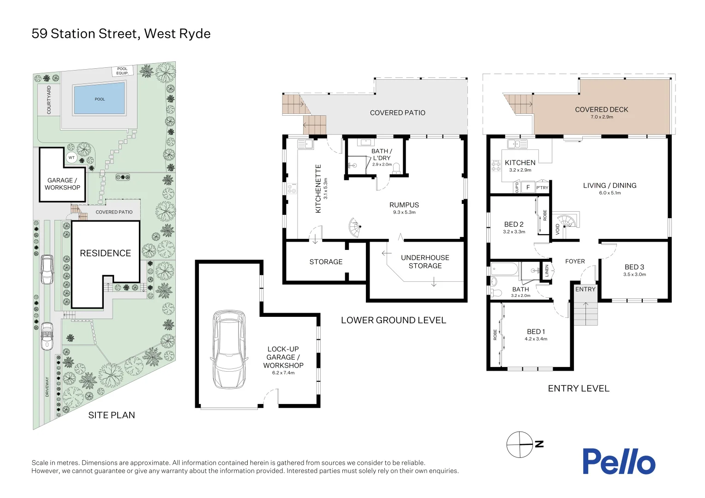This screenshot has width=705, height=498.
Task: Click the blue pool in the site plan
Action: (x=100, y=99)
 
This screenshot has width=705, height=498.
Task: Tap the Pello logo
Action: (x=618, y=462)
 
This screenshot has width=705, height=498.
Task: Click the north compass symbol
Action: (x=520, y=445)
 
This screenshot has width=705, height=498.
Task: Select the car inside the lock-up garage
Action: (x=229, y=350)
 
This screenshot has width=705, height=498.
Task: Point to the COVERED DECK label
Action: (x=601, y=110)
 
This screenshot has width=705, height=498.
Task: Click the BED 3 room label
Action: (x=634, y=267)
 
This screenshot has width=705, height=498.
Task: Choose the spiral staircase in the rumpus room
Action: (x=355, y=227)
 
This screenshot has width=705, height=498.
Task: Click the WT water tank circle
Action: (x=72, y=158)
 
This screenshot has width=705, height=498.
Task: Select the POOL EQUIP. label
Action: (x=122, y=71)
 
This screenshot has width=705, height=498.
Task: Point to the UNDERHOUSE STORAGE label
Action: (x=424, y=261)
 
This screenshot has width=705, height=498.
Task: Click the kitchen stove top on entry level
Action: (x=496, y=166)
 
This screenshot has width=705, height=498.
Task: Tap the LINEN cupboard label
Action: (x=547, y=270)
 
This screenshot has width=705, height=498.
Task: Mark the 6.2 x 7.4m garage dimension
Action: (x=283, y=373)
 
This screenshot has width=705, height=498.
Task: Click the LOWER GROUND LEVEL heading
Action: (x=393, y=320)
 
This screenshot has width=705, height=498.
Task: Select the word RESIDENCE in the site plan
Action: (x=105, y=253)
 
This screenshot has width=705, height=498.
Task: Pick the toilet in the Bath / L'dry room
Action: (x=396, y=168)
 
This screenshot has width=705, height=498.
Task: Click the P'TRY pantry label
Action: (x=542, y=188)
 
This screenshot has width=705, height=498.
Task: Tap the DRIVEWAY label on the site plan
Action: (x=47, y=386)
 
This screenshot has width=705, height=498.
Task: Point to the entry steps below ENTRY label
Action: (x=585, y=313)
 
